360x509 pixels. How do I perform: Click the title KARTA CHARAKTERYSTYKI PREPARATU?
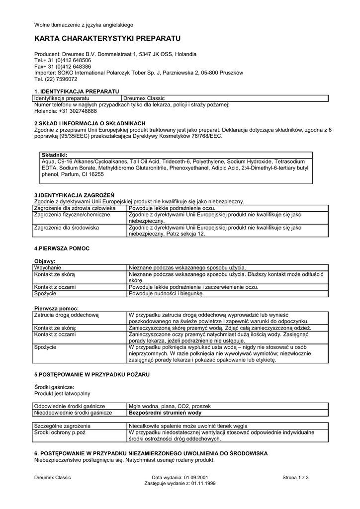[107, 38]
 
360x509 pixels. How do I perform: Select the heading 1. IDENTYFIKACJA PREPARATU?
[77, 92]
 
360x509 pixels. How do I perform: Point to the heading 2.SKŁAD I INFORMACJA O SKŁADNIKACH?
[90, 123]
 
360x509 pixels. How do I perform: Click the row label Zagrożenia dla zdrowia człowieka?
[75, 208]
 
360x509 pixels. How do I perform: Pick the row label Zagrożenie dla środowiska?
[67, 227]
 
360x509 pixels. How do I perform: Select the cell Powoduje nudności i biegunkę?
[166, 294]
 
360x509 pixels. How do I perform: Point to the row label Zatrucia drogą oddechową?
[67, 315]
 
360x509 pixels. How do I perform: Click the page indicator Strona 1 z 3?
[295, 478]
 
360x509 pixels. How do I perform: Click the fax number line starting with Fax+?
[63, 66]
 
